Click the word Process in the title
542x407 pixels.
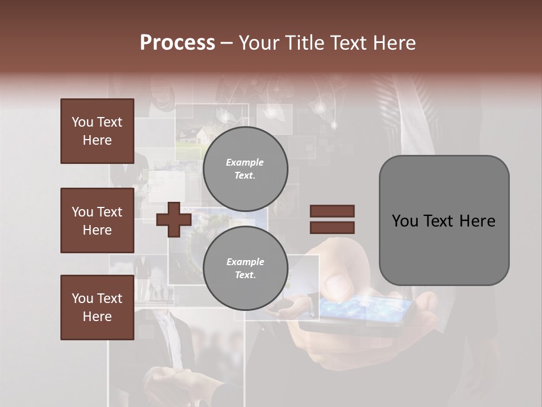pos(177,43)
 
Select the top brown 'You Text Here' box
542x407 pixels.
pos(97,131)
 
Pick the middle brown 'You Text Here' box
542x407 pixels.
pos(97,220)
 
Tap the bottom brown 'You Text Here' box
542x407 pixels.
pos(97,308)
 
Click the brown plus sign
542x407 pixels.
pos(174,219)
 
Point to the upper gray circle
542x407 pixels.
pos(245,169)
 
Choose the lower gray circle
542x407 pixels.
pos(245,269)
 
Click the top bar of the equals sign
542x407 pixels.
pos(332,211)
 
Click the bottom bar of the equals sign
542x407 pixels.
pos(332,228)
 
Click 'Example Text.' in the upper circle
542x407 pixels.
pos(245,169)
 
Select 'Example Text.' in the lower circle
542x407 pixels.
pos(245,269)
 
